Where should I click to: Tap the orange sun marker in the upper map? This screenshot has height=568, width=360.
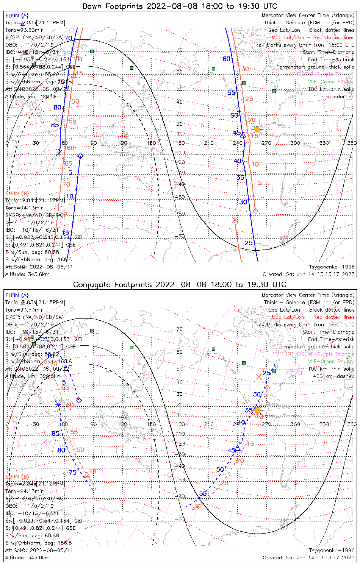pyautogui.click(x=257, y=130)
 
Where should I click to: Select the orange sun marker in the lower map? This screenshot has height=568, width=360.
pyautogui.click(x=257, y=410)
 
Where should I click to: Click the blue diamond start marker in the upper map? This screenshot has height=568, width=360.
pyautogui.click(x=80, y=156)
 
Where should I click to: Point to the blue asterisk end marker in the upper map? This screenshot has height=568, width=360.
pyautogui.click(x=59, y=152)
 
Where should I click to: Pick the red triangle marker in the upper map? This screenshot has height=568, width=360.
pyautogui.click(x=74, y=76)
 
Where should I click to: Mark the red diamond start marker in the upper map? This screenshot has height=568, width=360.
pyautogui.click(x=255, y=211)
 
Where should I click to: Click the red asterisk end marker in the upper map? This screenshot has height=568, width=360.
pyautogui.click(x=235, y=220)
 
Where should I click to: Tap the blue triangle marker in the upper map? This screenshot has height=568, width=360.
pyautogui.click(x=243, y=135)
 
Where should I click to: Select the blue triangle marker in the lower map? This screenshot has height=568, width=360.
pyautogui.click(x=238, y=448)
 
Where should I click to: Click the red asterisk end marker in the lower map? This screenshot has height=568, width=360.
pyautogui.click(x=259, y=377)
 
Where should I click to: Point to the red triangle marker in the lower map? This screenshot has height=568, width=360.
pyautogui.click(x=87, y=474)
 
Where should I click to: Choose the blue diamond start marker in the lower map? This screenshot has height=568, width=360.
pyautogui.click(x=79, y=400)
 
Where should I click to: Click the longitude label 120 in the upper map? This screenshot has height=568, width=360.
pyautogui.click(x=122, y=143)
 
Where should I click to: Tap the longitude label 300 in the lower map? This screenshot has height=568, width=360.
pyautogui.click(x=295, y=424)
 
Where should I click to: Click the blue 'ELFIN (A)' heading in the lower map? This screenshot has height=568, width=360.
pyautogui.click(x=17, y=295)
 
